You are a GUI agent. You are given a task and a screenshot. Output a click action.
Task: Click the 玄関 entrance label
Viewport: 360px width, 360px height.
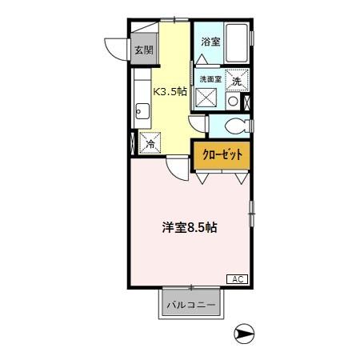143,50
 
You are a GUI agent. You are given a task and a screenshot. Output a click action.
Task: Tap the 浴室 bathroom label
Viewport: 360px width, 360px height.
210,42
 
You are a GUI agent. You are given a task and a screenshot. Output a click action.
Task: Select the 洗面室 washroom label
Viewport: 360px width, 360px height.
210,78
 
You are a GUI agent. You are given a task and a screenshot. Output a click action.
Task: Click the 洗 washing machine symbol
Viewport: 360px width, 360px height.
237,80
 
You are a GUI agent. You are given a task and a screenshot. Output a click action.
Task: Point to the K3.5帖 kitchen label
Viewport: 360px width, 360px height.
171,91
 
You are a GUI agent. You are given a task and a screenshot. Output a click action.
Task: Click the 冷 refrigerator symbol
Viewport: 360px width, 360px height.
150,144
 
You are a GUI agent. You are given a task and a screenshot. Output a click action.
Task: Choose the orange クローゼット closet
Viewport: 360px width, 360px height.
222,155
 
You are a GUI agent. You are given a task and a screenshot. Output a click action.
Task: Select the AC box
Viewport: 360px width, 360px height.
237,278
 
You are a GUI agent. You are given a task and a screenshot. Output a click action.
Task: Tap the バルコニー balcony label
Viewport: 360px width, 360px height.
190,305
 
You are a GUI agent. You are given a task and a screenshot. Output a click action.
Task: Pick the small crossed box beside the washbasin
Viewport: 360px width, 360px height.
246,102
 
